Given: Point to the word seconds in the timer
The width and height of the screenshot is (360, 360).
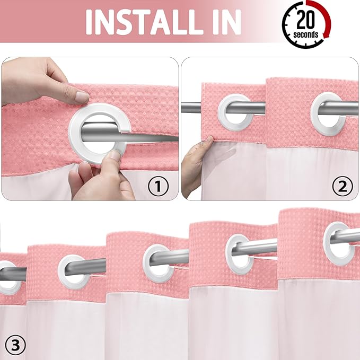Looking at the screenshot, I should point(306,34).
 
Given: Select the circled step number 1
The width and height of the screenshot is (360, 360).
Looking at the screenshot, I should point(157,186).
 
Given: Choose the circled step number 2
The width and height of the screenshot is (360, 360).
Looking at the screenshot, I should point(341,186).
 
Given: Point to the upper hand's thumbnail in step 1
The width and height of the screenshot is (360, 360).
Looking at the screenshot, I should point(81,97).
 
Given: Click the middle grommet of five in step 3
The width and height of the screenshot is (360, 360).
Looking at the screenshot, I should point(158,262).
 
